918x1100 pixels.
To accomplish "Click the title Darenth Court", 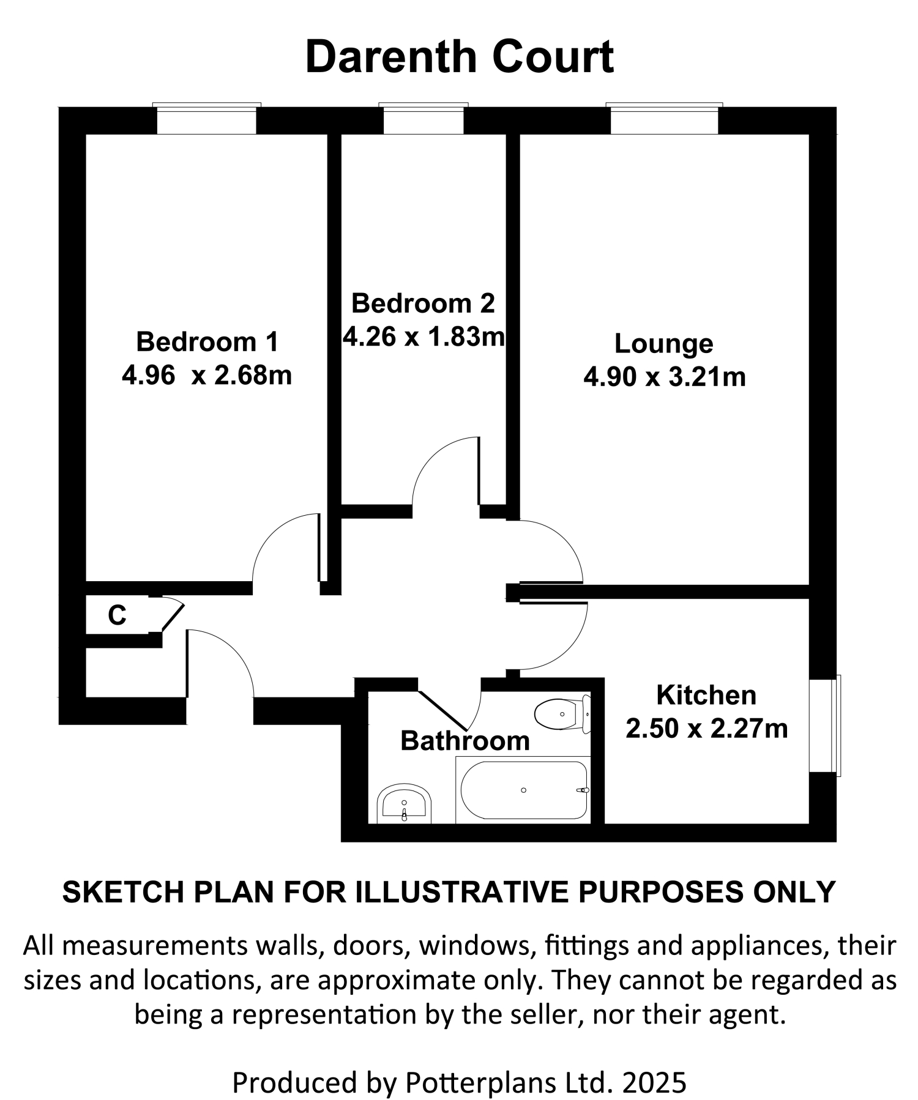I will pyautogui.click(x=459, y=57).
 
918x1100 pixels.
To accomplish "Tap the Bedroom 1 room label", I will pyautogui.click(x=207, y=341).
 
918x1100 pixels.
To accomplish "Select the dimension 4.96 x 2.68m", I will pyautogui.click(x=207, y=375).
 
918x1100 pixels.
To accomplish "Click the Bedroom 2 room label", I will pyautogui.click(x=422, y=303).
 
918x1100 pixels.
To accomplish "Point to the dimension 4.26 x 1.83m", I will pyautogui.click(x=424, y=336).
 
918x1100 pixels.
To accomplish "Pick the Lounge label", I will pyautogui.click(x=663, y=344).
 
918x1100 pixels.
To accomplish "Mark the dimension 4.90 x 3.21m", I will pyautogui.click(x=665, y=377).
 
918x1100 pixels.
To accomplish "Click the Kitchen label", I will pyautogui.click(x=706, y=696).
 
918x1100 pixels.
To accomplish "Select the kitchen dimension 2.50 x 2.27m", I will pyautogui.click(x=706, y=729).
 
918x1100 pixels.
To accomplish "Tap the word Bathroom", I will pyautogui.click(x=465, y=741).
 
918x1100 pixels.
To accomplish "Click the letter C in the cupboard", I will pyautogui.click(x=117, y=615).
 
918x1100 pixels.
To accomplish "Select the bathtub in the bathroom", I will pyautogui.click(x=523, y=790).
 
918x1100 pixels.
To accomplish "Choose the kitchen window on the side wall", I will pyautogui.click(x=824, y=725).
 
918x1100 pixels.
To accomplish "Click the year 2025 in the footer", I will pyautogui.click(x=655, y=1082).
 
